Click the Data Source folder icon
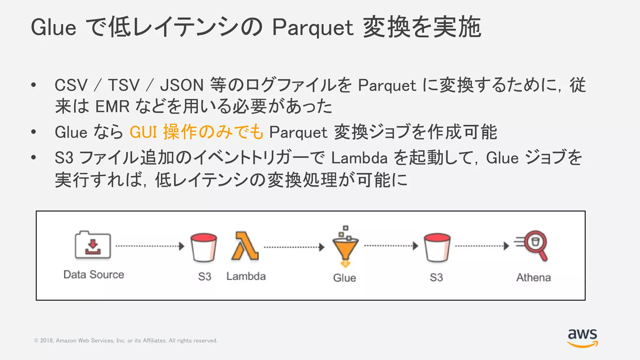click(x=92, y=245)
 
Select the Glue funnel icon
click(x=345, y=247)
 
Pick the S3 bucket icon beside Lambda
click(x=204, y=247)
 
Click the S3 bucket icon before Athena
click(x=437, y=247)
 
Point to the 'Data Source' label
click(x=94, y=275)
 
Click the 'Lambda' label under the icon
click(x=246, y=277)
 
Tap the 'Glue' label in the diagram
click(x=344, y=278)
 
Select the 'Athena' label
click(x=533, y=277)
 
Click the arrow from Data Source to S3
click(x=150, y=246)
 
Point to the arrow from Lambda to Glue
click(x=294, y=247)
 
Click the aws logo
click(x=582, y=337)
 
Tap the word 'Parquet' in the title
click(x=312, y=27)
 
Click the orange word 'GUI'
click(x=143, y=132)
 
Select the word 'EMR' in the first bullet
click(x=112, y=106)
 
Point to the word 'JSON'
click(x=182, y=85)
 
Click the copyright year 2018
click(x=47, y=341)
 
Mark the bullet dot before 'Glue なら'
click(x=34, y=132)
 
